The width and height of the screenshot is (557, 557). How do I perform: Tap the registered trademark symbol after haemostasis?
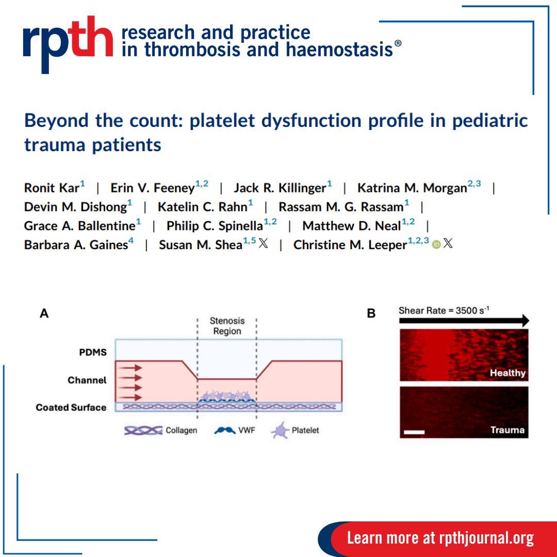[x=398, y=43]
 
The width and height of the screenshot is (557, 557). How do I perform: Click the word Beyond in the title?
[x=57, y=121]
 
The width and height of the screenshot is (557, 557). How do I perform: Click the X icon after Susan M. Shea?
[x=263, y=243]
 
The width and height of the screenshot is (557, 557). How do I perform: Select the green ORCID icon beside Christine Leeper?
[x=436, y=244]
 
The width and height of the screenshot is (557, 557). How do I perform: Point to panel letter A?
[x=44, y=314]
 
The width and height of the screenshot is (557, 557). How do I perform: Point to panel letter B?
[x=371, y=314]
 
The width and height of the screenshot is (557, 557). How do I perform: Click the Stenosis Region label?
[x=227, y=326]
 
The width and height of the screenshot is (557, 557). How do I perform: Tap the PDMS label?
[x=93, y=352]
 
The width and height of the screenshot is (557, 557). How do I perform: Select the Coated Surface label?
[x=71, y=407]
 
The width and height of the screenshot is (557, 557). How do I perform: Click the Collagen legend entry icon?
[x=143, y=431]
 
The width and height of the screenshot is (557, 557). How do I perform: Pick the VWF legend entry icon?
[x=225, y=431]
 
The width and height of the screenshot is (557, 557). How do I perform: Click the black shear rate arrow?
[x=464, y=321]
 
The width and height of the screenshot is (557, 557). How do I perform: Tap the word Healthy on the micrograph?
[x=507, y=373]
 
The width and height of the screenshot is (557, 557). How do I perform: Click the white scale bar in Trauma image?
[x=414, y=432]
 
